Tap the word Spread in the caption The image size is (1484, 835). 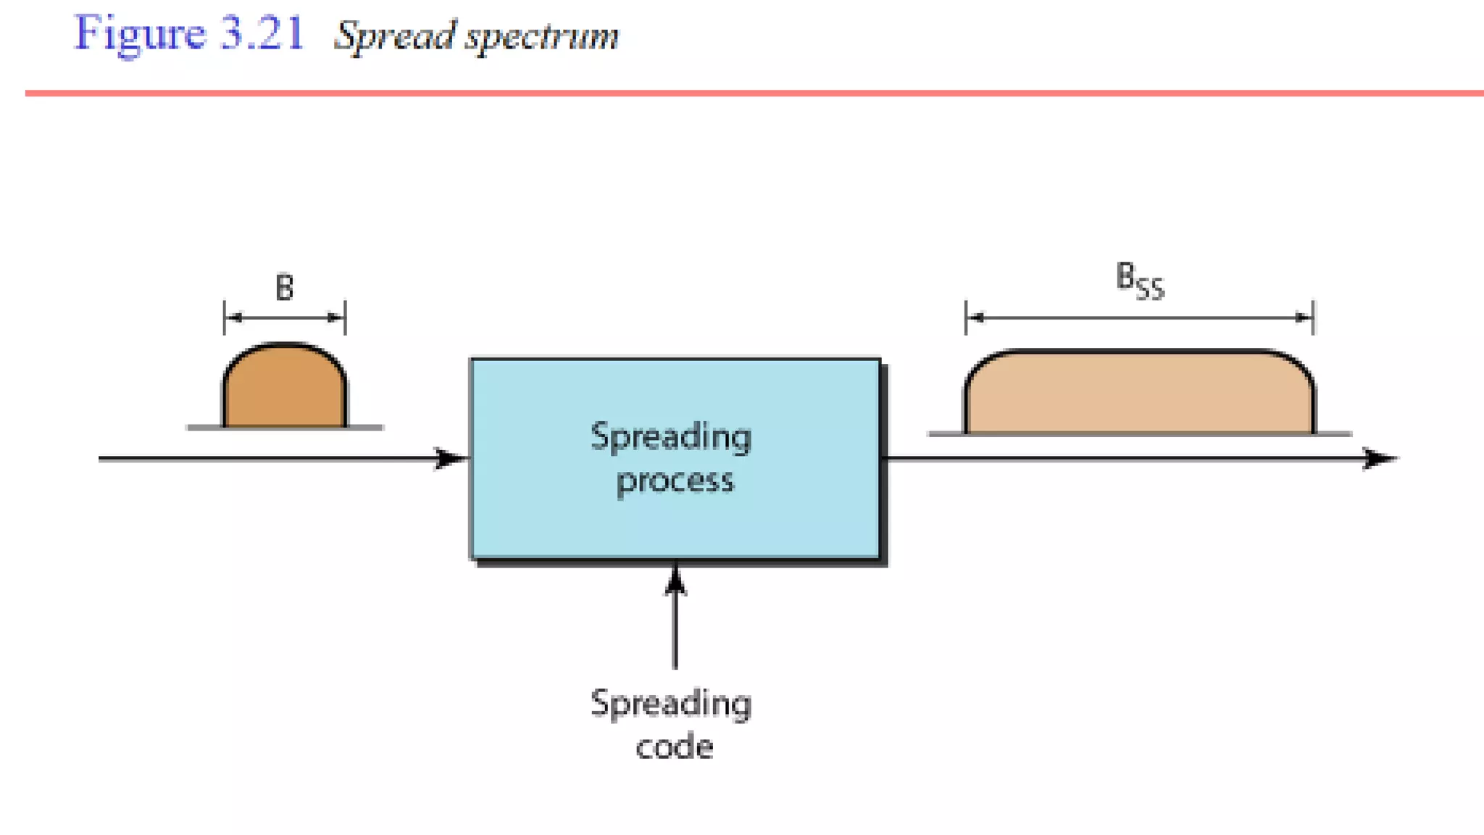(x=396, y=36)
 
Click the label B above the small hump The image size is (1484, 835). (x=284, y=288)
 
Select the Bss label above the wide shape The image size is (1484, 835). (x=1139, y=281)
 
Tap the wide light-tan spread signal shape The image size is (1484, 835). (x=1139, y=395)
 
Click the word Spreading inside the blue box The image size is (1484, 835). (x=671, y=437)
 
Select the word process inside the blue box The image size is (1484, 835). (x=675, y=481)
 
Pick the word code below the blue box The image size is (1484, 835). (x=674, y=747)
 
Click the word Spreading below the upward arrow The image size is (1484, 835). (x=671, y=704)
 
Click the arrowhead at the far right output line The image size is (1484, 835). (x=1378, y=458)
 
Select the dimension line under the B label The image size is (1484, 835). (x=284, y=317)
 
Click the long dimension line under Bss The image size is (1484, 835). (x=1139, y=317)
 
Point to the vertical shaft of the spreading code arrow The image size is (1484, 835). (x=675, y=631)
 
